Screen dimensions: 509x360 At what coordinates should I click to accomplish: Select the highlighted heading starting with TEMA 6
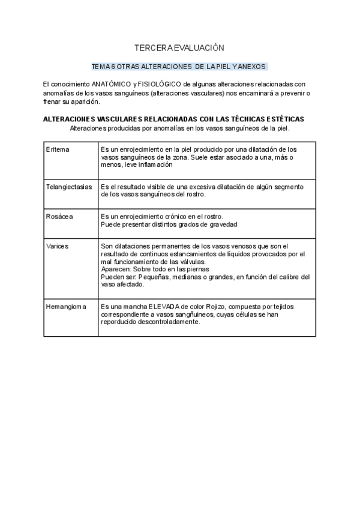pyautogui.click(x=179, y=67)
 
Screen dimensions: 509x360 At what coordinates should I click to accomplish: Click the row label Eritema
pyautogui.click(x=58, y=149)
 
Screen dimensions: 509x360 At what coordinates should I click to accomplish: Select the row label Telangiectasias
pyautogui.click(x=69, y=187)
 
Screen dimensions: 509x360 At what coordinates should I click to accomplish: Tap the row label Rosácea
pyautogui.click(x=59, y=216)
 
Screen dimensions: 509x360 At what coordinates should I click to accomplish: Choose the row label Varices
pyautogui.click(x=57, y=246)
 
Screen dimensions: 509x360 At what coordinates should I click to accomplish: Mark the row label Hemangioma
pyautogui.click(x=66, y=306)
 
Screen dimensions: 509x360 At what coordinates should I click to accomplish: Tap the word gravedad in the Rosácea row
pyautogui.click(x=221, y=224)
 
